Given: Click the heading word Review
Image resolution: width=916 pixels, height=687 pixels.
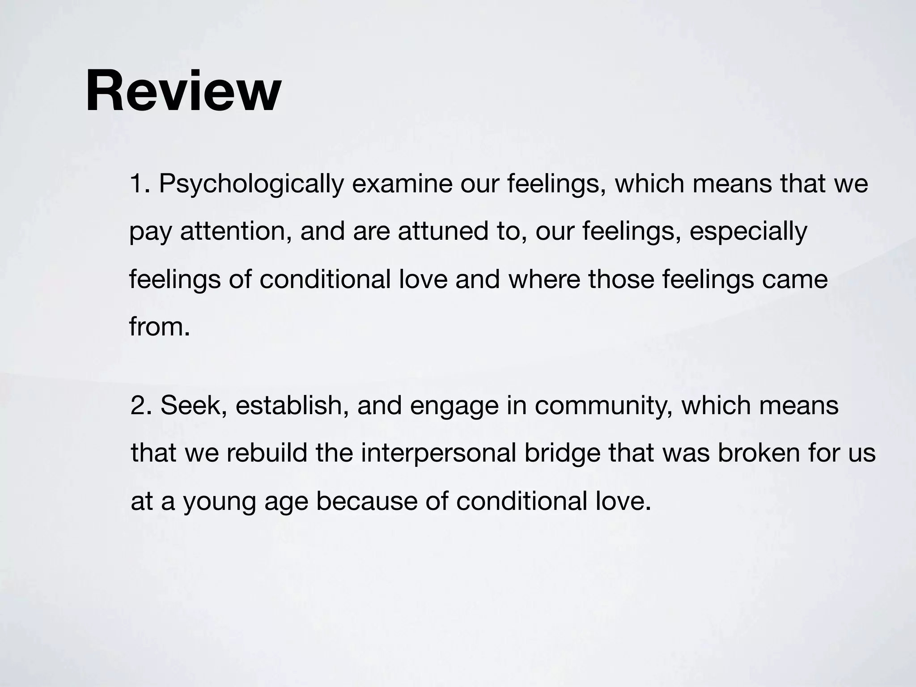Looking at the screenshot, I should click(183, 91).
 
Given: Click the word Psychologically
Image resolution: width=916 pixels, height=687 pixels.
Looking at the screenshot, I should click(251, 184).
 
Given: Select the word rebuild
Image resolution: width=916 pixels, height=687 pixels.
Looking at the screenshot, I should click(267, 453).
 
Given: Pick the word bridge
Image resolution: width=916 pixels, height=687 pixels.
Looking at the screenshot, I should click(562, 454).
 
